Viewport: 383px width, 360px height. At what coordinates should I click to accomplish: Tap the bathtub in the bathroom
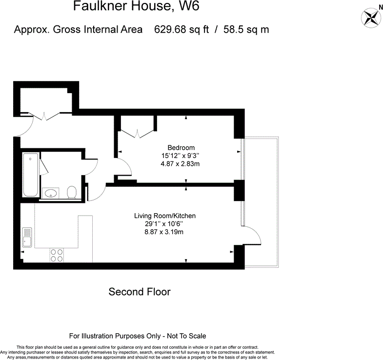point(30,176)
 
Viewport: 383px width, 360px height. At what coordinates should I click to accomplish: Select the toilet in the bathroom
point(72,192)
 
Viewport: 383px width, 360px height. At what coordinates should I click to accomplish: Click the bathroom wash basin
point(51,194)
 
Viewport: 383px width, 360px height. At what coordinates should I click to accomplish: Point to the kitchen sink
point(27,238)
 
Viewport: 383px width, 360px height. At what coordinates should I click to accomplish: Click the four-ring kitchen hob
point(57,255)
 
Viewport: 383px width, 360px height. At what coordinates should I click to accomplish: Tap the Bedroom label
point(181,148)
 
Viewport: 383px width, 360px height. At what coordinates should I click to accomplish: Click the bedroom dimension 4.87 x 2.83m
point(181,164)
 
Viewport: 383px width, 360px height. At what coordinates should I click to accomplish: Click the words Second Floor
point(140,292)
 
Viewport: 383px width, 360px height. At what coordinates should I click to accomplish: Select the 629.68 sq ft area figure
point(181,29)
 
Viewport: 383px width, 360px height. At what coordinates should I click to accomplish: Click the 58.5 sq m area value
point(246,29)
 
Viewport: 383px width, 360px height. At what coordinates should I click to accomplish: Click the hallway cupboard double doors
point(45,117)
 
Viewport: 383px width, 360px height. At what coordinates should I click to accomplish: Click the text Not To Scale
point(187,336)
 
